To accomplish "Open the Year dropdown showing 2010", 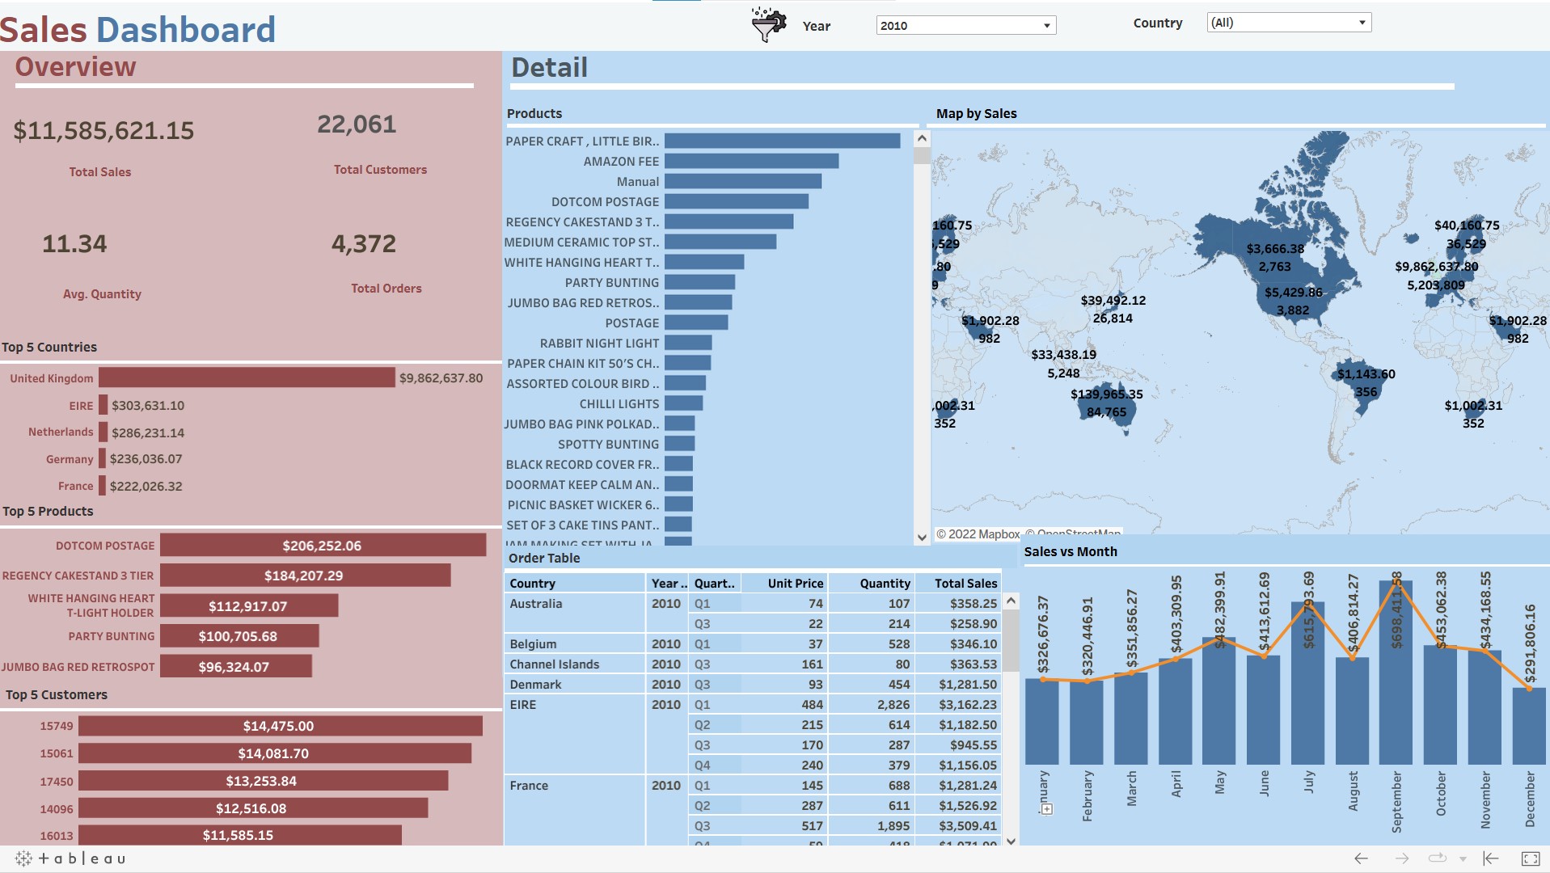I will (965, 26).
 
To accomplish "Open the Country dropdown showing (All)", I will (1289, 23).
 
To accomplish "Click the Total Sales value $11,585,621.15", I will (103, 131).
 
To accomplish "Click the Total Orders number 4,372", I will (364, 244).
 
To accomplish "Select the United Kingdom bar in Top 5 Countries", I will (247, 378).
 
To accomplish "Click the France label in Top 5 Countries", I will (75, 487).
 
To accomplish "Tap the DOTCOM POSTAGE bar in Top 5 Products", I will (323, 546).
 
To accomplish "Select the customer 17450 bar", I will (263, 781).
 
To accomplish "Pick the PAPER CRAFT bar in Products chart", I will (782, 141).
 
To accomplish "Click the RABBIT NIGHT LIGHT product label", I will (599, 344).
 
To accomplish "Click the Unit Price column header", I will (795, 584).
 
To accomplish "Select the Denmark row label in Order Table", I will (535, 685).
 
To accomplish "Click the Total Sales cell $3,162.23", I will (967, 705).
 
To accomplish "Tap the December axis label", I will (1529, 799).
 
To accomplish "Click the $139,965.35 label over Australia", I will (1106, 394).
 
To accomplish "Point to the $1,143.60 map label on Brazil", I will (1366, 374).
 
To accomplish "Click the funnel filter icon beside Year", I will (767, 25).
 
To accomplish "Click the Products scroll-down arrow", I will (922, 537).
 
